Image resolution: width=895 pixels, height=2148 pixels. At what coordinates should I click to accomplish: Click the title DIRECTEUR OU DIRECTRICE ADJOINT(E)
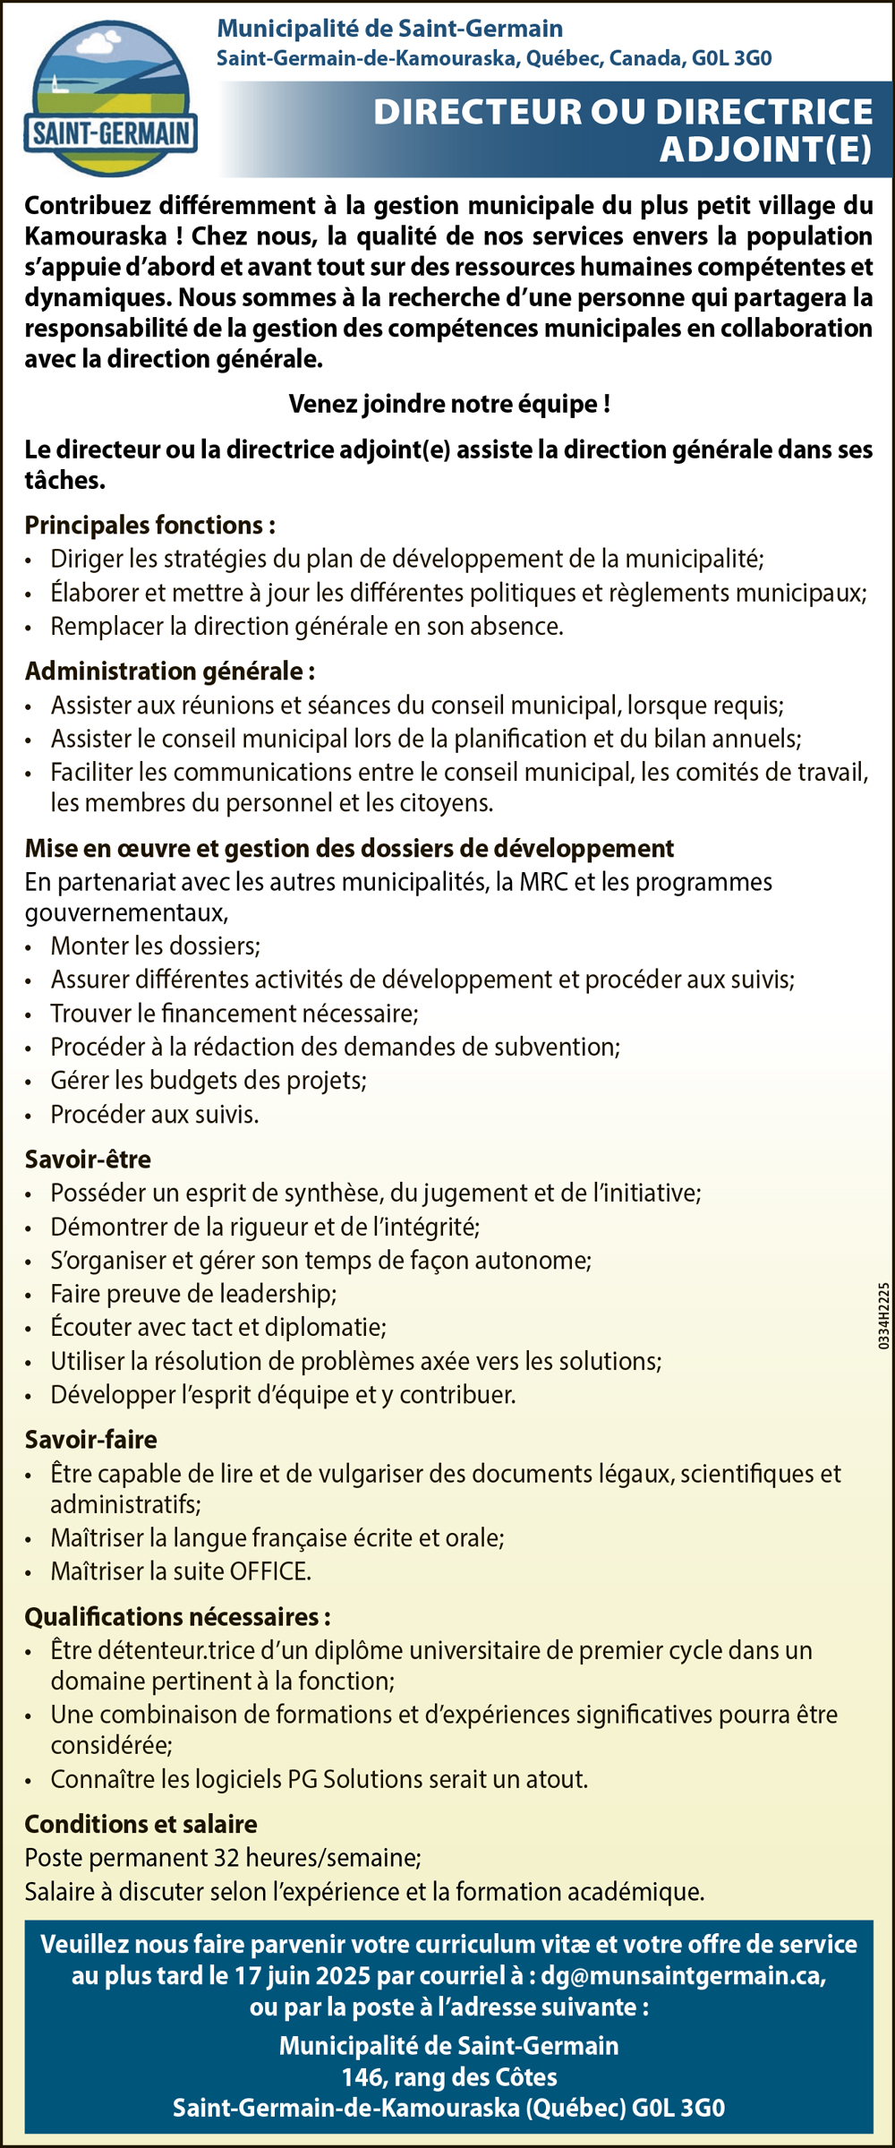pos(623,130)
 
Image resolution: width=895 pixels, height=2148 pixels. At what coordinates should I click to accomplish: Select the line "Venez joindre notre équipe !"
pos(449,404)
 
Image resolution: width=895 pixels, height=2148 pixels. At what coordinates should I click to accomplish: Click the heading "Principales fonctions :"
pos(149,525)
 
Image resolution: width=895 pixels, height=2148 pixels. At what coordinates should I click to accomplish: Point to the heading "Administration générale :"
pos(169,671)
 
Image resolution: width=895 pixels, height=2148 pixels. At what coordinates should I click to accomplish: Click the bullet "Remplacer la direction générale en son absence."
pos(307,626)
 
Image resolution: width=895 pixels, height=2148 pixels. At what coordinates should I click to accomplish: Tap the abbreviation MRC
pos(543,882)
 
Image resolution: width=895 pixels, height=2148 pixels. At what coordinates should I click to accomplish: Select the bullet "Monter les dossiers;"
pos(156,946)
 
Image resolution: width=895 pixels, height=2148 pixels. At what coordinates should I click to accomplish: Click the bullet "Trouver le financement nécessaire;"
pos(234,1013)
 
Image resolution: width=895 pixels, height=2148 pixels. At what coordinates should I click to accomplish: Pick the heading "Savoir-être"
pos(88,1159)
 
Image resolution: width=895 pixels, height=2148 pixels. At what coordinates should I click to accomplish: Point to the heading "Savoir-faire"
pos(90,1439)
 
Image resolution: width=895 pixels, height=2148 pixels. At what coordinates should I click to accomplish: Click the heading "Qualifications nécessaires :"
pos(177,1616)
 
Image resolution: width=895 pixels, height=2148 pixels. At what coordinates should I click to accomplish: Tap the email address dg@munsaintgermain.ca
pos(683,1975)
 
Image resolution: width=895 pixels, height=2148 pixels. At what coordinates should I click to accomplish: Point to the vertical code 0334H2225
pos(883,1315)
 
